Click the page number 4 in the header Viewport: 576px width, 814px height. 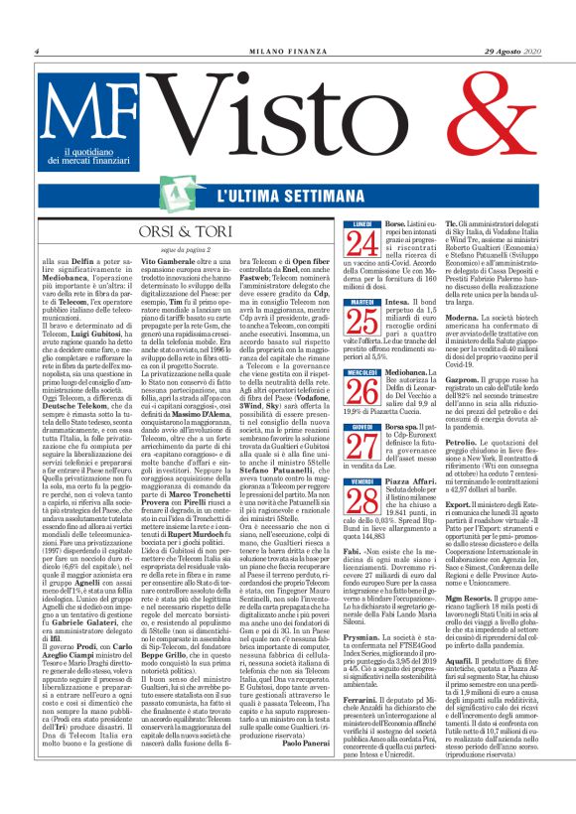[36, 49]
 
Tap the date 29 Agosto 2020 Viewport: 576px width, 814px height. [511, 49]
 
